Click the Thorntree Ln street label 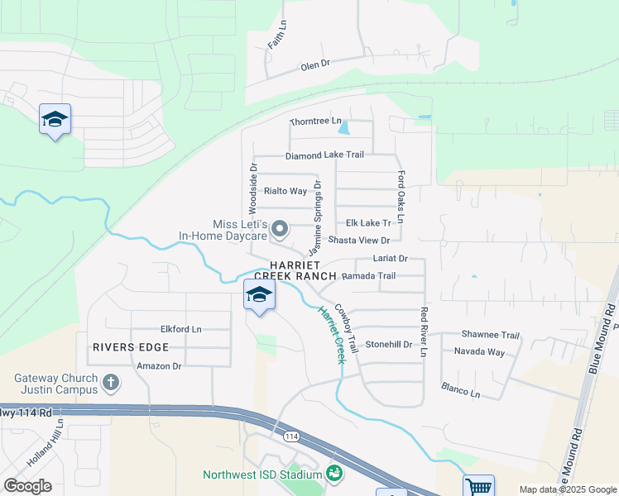(315, 122)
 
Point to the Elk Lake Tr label (368, 223)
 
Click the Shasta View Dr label (359, 241)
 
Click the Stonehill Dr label (388, 344)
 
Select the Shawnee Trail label (490, 336)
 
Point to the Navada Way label (479, 352)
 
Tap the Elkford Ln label (181, 329)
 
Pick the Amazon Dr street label (159, 365)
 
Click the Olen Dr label (315, 64)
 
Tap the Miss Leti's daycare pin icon (280, 228)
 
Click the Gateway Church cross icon (111, 383)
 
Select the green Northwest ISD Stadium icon (334, 474)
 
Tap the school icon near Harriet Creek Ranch (259, 295)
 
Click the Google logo (27, 486)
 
